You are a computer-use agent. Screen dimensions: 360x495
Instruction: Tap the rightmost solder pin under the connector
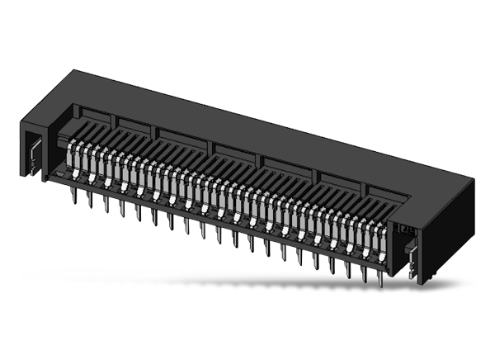click(380, 279)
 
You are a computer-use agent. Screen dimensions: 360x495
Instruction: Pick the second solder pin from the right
click(364, 275)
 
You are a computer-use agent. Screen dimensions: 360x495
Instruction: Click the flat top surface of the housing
click(272, 124)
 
